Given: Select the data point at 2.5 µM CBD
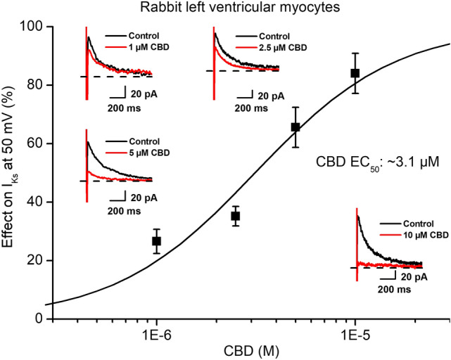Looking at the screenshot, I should (236, 216).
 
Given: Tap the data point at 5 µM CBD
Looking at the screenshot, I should (296, 127).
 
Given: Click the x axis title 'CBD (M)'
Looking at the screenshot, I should (245, 349).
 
